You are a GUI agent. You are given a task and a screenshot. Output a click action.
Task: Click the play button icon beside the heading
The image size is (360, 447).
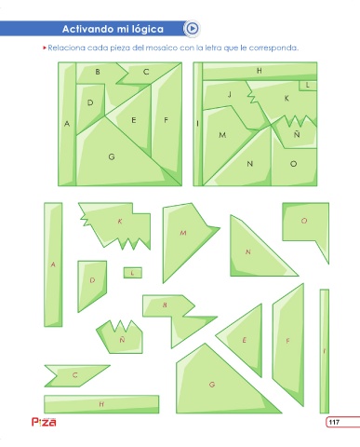coord(193,29)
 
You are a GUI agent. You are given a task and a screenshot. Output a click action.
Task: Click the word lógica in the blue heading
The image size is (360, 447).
coord(148,29)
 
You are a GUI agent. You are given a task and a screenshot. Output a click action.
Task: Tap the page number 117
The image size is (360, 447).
coord(334,422)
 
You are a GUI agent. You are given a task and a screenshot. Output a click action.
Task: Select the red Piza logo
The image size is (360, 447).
coord(44,422)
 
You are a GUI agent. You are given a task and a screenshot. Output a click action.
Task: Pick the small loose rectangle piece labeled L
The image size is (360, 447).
coord(133,273)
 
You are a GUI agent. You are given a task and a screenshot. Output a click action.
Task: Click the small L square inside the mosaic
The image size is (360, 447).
coord(308,85)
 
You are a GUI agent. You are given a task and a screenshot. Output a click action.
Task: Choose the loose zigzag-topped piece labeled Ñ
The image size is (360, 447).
coord(120,337)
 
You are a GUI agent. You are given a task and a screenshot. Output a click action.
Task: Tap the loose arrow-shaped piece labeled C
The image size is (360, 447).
coord(75,375)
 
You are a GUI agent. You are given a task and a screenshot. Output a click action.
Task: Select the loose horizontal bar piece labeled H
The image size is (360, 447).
coord(101,404)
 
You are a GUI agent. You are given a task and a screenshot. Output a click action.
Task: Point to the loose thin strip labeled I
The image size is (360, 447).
coord(325,351)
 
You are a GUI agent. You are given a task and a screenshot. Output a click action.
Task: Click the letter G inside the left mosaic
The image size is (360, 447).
coord(112,156)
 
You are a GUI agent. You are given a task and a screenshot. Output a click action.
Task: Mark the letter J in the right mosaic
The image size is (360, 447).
coord(230,94)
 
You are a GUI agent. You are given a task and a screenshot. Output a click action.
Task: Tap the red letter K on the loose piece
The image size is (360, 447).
coord(120,222)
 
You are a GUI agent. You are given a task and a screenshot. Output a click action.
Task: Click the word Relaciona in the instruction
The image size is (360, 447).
coord(66,48)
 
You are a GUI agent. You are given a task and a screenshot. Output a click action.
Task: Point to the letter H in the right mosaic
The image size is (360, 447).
coord(260,71)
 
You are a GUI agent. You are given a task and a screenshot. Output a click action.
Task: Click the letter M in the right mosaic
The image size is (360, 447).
coord(222,135)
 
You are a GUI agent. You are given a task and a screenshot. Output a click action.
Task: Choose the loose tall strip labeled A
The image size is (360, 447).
coord(53,264)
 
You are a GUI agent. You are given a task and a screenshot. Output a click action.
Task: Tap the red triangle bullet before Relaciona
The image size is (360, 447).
coord(45,47)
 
